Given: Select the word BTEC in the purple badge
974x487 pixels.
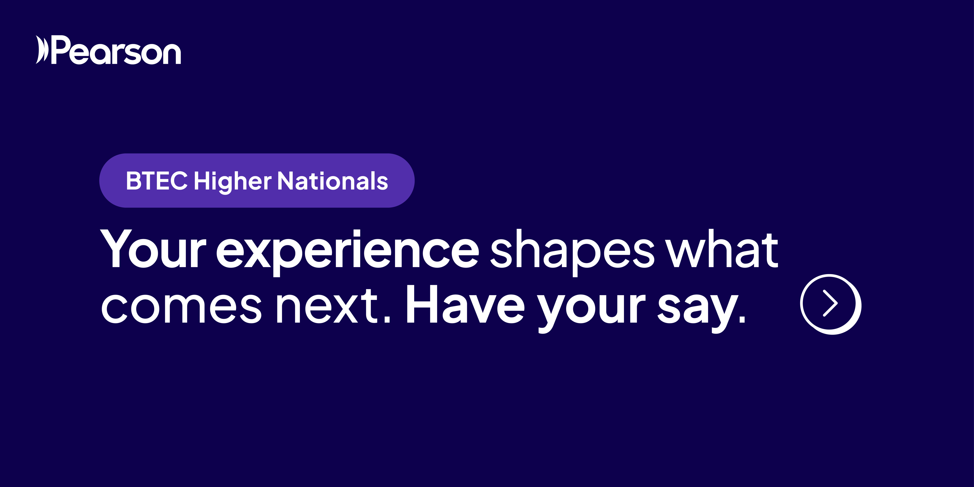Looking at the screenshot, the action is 157,181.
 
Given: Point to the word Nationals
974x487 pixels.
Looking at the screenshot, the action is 333,181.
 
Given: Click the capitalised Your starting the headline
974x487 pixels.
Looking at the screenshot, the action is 154,249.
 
